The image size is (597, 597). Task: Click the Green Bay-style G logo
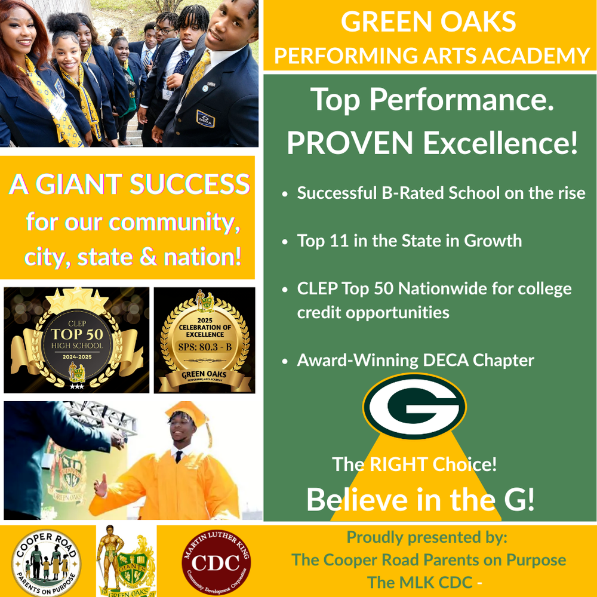click(414, 407)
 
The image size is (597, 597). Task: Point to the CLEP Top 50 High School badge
click(76, 340)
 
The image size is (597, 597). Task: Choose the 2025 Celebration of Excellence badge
click(205, 340)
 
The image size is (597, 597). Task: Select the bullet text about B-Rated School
click(441, 193)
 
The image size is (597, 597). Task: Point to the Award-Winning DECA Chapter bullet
click(416, 360)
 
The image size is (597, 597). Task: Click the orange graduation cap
click(186, 413)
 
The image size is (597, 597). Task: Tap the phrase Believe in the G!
click(420, 500)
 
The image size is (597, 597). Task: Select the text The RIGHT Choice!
click(414, 464)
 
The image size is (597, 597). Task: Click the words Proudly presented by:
click(427, 537)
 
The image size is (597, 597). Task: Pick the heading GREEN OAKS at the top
click(429, 23)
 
